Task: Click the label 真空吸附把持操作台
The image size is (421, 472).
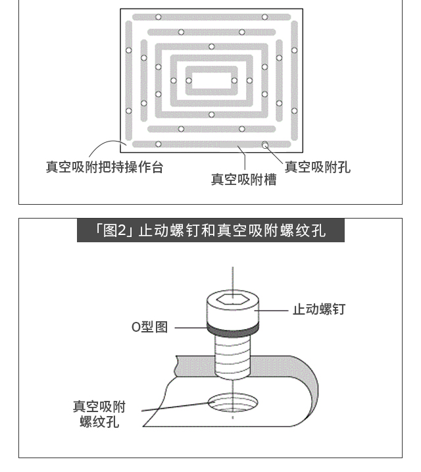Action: click(105, 167)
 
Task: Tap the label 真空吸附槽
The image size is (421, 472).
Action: click(243, 180)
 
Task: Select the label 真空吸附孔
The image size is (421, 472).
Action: click(318, 167)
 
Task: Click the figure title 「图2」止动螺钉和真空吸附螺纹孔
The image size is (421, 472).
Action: click(210, 230)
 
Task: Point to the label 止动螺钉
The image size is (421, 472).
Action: click(319, 309)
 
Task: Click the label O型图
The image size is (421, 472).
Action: click(149, 327)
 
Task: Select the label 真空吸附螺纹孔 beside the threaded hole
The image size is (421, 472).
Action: click(99, 414)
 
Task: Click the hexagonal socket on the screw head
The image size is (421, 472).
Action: click(232, 300)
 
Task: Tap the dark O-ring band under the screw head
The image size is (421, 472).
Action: click(232, 328)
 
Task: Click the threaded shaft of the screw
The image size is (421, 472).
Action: click(232, 357)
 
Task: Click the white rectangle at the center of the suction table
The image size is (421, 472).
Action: click(211, 81)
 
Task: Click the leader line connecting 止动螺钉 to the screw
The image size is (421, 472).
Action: click(272, 310)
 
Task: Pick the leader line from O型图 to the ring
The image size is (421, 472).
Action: click(191, 328)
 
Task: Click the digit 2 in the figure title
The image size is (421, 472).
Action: click(122, 231)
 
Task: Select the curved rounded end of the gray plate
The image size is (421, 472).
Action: click(310, 388)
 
